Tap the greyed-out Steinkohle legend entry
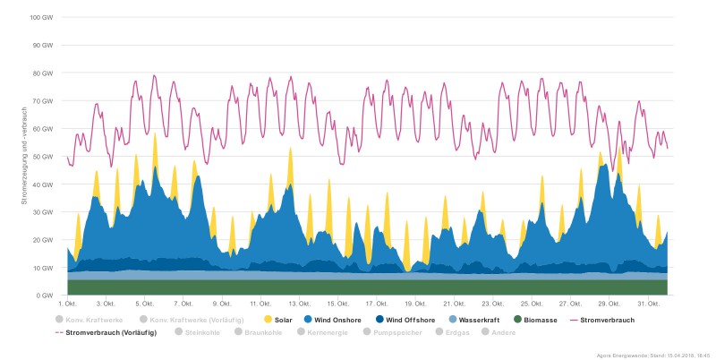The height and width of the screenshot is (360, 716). [x=201, y=332]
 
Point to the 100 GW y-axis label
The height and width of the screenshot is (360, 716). [x=42, y=18]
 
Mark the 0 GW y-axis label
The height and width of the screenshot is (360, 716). [x=46, y=296]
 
